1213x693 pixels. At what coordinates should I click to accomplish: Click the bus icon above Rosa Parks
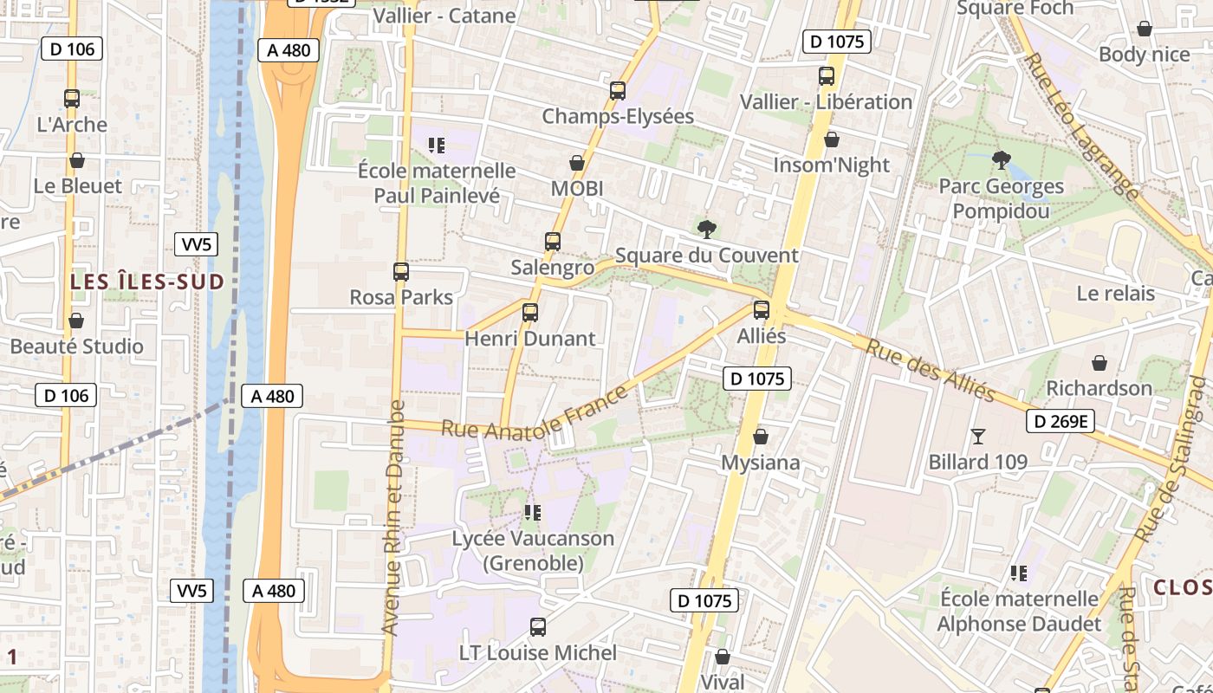(x=400, y=272)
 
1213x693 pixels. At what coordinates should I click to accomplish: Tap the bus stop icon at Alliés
(x=762, y=310)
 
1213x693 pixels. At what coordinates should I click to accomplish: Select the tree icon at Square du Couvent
(x=707, y=230)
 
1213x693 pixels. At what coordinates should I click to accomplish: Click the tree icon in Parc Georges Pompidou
(x=1001, y=160)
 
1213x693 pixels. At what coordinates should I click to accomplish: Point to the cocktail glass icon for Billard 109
(x=978, y=437)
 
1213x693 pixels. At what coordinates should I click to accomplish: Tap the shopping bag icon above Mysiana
(x=761, y=437)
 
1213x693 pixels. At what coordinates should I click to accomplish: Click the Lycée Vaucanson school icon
(x=532, y=513)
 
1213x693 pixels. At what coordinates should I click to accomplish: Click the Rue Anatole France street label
(x=534, y=414)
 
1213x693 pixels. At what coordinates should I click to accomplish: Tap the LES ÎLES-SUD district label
(x=147, y=282)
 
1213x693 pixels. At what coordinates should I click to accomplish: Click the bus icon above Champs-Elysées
(x=618, y=90)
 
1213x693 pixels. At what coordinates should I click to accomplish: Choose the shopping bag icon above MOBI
(x=577, y=163)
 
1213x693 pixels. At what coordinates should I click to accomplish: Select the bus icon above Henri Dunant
(x=530, y=312)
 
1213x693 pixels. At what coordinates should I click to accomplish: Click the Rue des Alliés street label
(x=931, y=370)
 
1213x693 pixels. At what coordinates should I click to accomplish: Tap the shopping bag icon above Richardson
(x=1099, y=362)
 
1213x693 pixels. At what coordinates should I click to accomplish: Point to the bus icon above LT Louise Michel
(x=538, y=627)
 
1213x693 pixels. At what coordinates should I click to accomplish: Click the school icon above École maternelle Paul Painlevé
(x=436, y=145)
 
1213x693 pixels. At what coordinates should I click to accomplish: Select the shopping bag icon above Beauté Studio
(x=76, y=321)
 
